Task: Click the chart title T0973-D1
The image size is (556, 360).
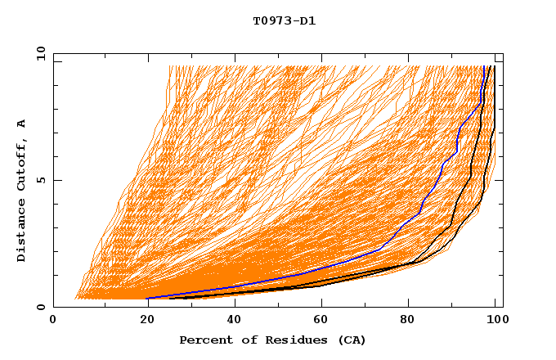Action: click(284, 21)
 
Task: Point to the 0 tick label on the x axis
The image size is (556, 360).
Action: click(53, 320)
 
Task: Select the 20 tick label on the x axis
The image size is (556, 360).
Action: click(141, 320)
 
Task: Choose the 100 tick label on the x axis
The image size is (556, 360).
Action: click(495, 320)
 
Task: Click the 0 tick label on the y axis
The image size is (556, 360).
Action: click(40, 308)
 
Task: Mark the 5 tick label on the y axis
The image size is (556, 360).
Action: click(40, 180)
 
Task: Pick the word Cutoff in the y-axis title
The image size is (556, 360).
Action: click(22, 165)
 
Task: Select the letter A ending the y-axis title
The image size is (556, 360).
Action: click(22, 124)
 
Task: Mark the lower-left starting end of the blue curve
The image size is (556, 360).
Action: click(147, 298)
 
